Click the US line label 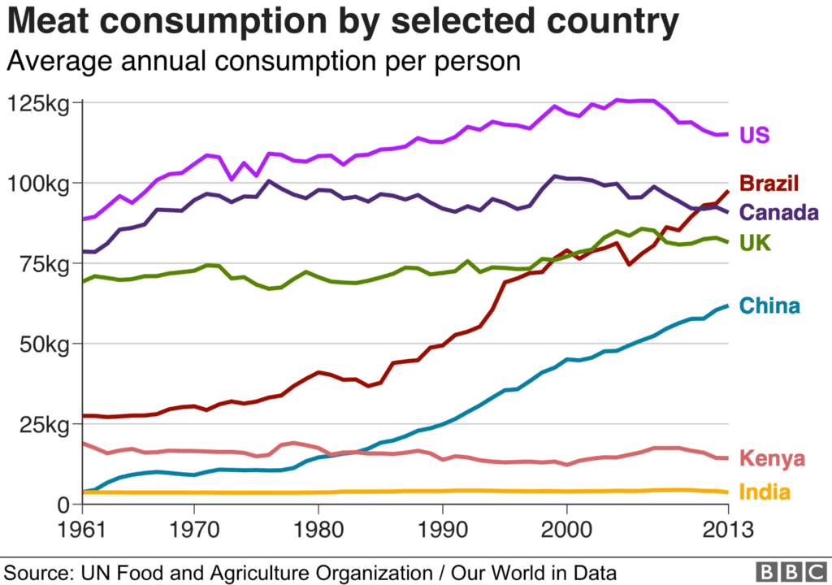(754, 135)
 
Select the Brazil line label (766, 182)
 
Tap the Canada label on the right (778, 213)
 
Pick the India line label (764, 492)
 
